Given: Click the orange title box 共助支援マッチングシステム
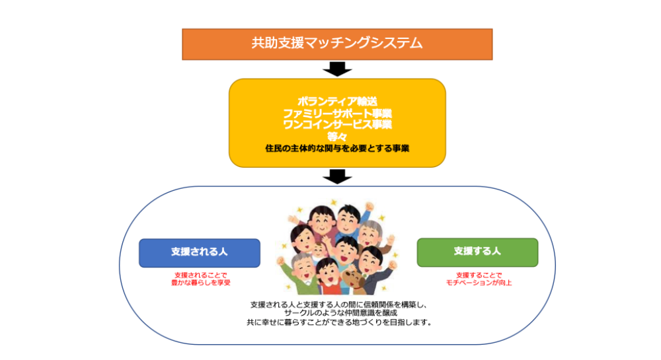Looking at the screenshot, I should [x=337, y=44].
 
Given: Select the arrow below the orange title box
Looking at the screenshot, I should [x=337, y=69].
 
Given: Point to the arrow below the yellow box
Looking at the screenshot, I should [x=337, y=176].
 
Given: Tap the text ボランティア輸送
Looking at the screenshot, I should [x=337, y=102].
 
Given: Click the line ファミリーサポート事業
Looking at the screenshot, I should [x=337, y=113].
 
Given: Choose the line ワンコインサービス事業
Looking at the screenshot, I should [x=337, y=124].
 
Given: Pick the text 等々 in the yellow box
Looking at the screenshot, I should [x=337, y=135].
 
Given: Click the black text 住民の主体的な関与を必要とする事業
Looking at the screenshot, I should [x=337, y=149].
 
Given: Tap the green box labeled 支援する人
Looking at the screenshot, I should [x=477, y=252].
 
